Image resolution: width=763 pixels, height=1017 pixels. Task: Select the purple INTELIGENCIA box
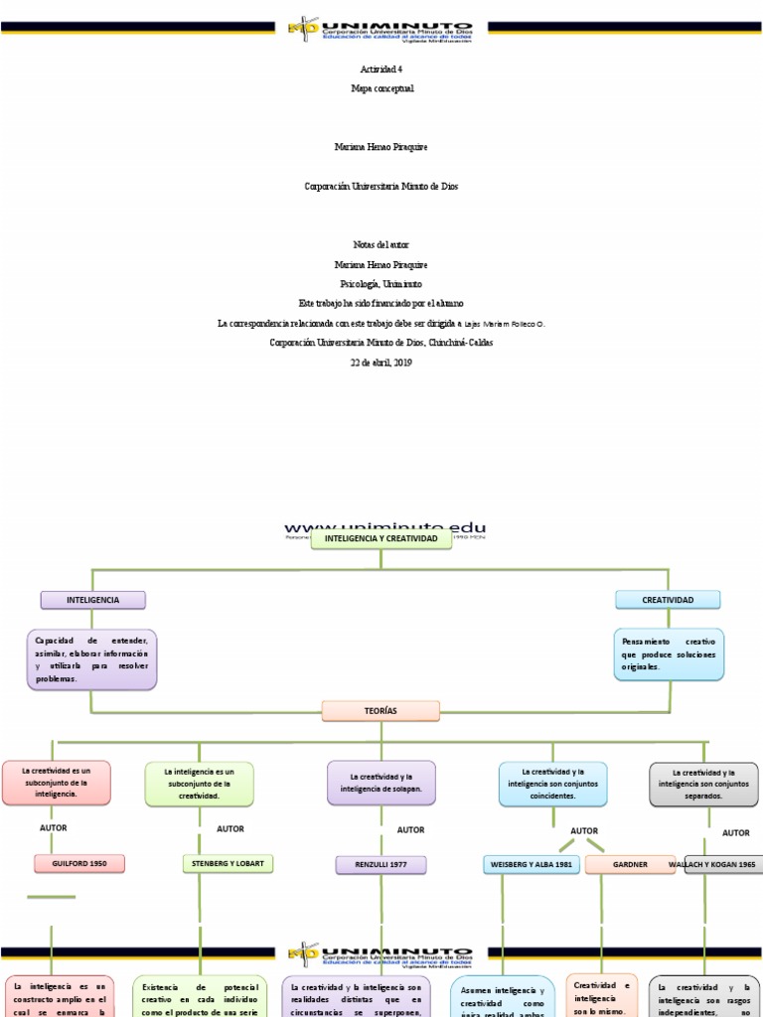92,600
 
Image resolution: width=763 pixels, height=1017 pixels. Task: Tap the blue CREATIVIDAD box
668,600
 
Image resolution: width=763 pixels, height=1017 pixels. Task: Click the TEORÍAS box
381,710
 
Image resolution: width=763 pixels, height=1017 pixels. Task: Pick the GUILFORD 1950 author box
79,864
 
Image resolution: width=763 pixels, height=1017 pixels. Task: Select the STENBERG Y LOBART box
228,863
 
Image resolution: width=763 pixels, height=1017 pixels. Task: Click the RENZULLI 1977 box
381,865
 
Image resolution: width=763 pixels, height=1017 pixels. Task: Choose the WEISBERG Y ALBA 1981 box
532,864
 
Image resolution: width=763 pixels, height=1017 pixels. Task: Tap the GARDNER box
630,864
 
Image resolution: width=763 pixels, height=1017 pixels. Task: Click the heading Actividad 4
381,69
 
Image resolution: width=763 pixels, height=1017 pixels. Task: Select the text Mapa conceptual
381,88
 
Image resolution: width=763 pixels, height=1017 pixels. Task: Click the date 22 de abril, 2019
381,363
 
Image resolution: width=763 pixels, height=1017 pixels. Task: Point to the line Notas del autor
381,244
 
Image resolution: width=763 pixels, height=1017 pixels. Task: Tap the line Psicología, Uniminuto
381,283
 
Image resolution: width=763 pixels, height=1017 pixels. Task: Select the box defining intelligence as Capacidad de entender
92,658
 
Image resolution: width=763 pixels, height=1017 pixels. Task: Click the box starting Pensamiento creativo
668,654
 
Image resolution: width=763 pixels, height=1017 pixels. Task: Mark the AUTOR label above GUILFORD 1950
54,826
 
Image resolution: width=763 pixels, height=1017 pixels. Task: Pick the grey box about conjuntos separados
703,785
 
